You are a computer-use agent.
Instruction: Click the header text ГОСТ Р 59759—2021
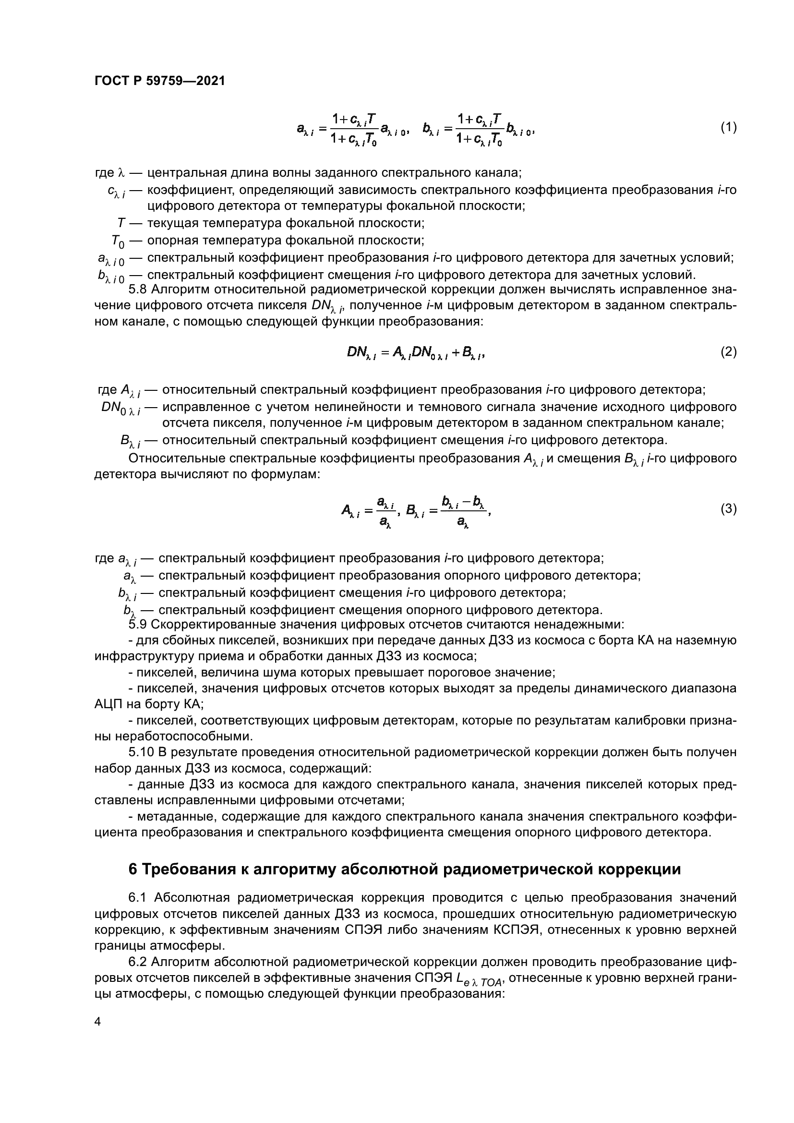click(x=160, y=81)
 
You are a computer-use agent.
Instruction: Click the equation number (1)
click(x=729, y=128)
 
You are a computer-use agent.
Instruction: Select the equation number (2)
click(x=729, y=351)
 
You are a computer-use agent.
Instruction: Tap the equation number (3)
click(x=729, y=509)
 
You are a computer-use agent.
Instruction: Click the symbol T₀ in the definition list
click(x=118, y=241)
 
